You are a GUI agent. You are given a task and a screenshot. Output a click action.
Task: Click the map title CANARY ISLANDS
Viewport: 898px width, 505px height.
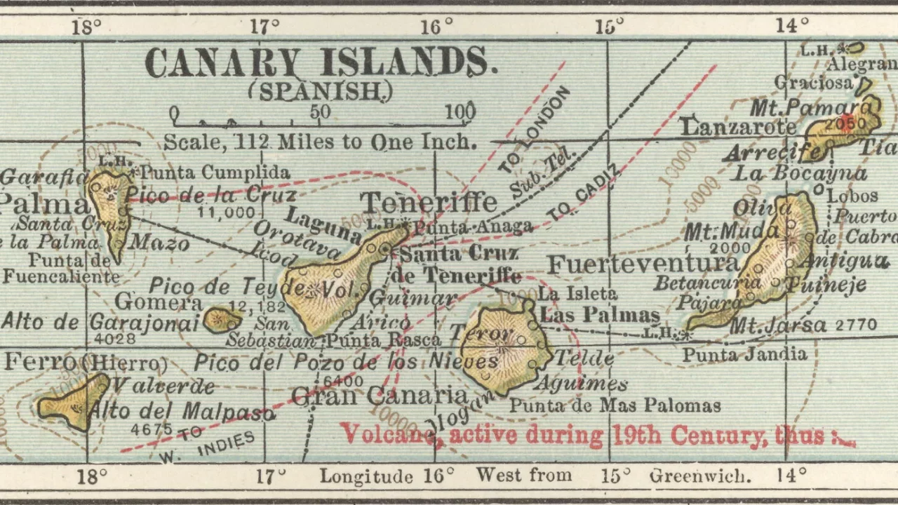pyautogui.click(x=321, y=62)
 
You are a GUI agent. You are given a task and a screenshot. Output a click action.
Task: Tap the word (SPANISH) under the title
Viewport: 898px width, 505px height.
pyautogui.click(x=321, y=91)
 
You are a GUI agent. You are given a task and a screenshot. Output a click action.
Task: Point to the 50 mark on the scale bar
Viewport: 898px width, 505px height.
pyautogui.click(x=320, y=112)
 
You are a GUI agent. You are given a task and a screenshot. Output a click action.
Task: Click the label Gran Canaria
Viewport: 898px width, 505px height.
pyautogui.click(x=379, y=396)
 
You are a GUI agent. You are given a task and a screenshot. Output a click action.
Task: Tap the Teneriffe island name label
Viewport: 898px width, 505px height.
pyautogui.click(x=429, y=203)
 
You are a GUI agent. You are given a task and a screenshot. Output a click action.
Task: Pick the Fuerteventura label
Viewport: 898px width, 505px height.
pyautogui.click(x=643, y=264)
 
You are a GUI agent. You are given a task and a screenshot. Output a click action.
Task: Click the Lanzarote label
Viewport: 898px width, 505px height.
pyautogui.click(x=738, y=127)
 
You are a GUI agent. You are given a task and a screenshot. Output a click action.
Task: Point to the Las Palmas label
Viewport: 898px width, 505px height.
pyautogui.click(x=601, y=315)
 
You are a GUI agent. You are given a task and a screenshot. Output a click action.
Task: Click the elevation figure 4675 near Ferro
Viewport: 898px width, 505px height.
pyautogui.click(x=152, y=428)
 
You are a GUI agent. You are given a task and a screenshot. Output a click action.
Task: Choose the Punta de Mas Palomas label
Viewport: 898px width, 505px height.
pyautogui.click(x=615, y=405)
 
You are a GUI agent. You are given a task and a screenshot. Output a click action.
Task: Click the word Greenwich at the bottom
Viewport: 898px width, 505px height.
pyautogui.click(x=699, y=476)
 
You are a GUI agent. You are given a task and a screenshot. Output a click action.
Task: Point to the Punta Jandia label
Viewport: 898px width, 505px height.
pyautogui.click(x=744, y=354)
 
